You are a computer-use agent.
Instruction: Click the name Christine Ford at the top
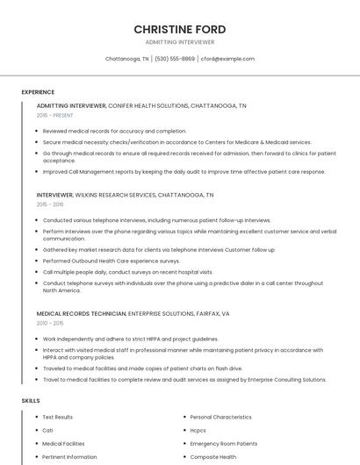pos(180,29)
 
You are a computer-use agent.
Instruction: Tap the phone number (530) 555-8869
pos(175,59)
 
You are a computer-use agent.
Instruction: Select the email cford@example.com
pos(227,59)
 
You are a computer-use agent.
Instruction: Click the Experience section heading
pos(38,91)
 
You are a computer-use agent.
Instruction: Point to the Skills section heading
pos(31,400)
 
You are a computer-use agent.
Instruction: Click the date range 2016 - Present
pos(54,115)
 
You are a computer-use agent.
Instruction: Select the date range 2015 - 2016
pos(50,204)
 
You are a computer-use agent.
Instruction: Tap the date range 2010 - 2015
pos(50,323)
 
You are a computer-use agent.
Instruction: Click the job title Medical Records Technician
pos(81,313)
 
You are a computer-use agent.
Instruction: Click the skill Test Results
pos(58,417)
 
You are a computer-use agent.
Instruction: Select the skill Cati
pos(48,430)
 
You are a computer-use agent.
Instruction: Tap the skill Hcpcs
pos(198,430)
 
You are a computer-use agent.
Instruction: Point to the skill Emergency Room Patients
pos(223,443)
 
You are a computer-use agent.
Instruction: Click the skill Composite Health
pos(212,456)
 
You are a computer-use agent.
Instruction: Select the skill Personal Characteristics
pos(220,417)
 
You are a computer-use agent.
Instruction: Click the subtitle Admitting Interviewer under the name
pos(180,42)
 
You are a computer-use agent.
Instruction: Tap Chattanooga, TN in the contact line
pos(126,59)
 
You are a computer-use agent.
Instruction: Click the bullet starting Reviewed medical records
pos(114,131)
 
